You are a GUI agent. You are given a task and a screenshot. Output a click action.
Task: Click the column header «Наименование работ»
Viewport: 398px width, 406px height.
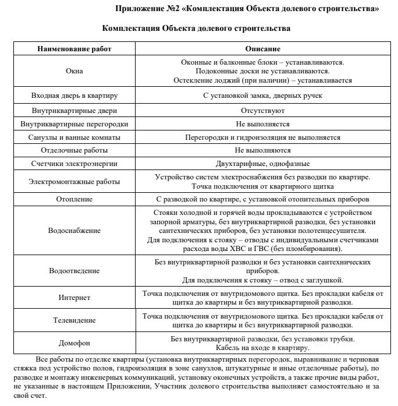point(74,49)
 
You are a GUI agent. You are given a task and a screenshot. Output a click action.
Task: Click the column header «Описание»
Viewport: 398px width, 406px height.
point(262,49)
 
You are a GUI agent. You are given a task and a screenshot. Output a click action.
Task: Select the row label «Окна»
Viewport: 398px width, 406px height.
point(74,71)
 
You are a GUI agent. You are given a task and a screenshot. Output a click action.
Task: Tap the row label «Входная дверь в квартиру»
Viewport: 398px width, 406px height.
point(74,96)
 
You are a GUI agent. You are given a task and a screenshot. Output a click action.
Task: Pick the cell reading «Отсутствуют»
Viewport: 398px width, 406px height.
point(262,110)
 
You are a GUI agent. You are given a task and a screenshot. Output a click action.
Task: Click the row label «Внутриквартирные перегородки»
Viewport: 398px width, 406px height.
point(74,124)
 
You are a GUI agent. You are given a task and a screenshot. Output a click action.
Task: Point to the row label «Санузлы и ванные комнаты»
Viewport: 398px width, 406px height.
point(74,137)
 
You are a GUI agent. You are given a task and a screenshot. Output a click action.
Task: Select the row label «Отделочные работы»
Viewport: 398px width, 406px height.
point(74,150)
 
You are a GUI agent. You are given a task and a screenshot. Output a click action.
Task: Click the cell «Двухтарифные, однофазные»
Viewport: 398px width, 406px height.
point(262,164)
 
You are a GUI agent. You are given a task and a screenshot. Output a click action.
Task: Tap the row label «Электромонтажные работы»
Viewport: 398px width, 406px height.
point(74,182)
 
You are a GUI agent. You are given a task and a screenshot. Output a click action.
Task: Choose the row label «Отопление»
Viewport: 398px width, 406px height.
point(74,199)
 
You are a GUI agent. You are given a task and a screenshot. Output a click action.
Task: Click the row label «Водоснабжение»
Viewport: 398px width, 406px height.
point(74,231)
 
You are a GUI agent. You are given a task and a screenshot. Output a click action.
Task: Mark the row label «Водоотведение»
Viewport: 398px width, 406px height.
point(74,271)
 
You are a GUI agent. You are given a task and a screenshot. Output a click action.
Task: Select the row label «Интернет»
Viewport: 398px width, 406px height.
point(74,298)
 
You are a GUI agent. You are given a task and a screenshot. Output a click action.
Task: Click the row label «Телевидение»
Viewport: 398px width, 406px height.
point(74,320)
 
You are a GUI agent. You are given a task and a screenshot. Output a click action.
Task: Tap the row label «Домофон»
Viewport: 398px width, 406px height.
point(74,343)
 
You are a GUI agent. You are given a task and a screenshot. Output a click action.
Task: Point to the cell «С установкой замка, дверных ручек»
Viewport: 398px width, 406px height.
point(262,96)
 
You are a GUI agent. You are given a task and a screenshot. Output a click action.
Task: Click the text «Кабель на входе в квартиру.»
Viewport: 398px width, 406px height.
point(262,348)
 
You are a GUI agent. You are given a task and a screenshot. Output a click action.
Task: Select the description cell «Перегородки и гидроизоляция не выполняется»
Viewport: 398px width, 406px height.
point(262,137)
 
